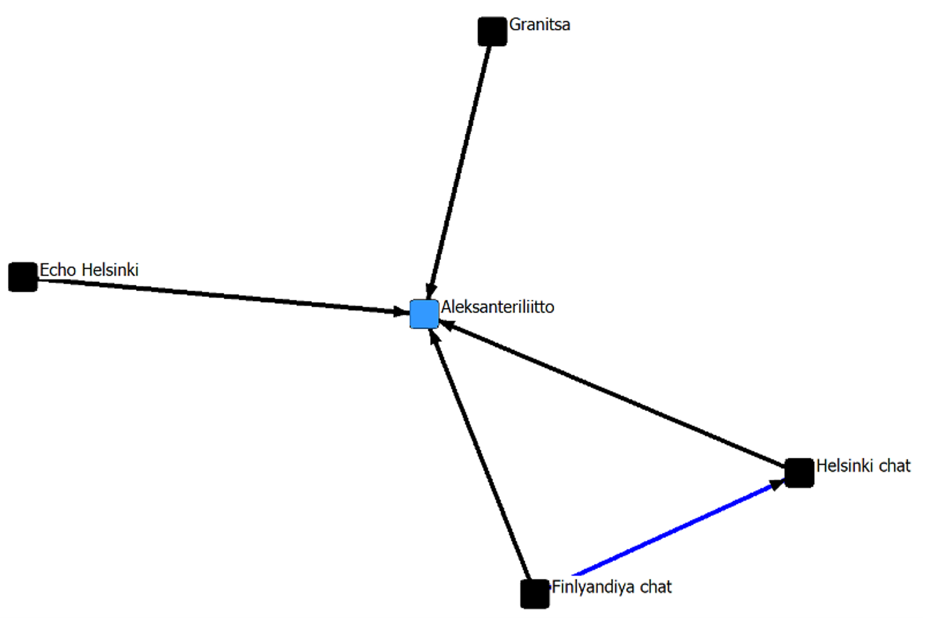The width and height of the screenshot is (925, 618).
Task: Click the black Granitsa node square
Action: pyautogui.click(x=492, y=31)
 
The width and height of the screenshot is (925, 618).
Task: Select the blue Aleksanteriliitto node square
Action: pyautogui.click(x=424, y=314)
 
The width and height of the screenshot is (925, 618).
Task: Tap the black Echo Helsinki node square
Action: pyautogui.click(x=23, y=277)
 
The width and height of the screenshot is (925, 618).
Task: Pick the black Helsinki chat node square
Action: pyautogui.click(x=799, y=473)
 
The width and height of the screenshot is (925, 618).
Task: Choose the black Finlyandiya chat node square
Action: pyautogui.click(x=535, y=594)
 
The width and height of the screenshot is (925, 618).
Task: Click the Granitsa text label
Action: pyautogui.click(x=540, y=24)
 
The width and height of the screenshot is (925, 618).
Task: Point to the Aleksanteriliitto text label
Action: pyautogui.click(x=497, y=307)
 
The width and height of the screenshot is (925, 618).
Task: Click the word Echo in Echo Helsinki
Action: pyautogui.click(x=58, y=270)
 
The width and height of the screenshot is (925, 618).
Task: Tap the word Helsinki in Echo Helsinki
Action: pyautogui.click(x=111, y=270)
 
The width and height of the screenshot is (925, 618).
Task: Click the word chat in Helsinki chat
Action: pyautogui.click(x=895, y=466)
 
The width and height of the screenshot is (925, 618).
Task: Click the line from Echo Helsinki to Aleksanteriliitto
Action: pyautogui.click(x=218, y=295)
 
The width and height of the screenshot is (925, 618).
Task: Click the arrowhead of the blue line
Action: pyautogui.click(x=776, y=483)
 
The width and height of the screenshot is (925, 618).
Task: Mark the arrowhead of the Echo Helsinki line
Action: pyautogui.click(x=401, y=311)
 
